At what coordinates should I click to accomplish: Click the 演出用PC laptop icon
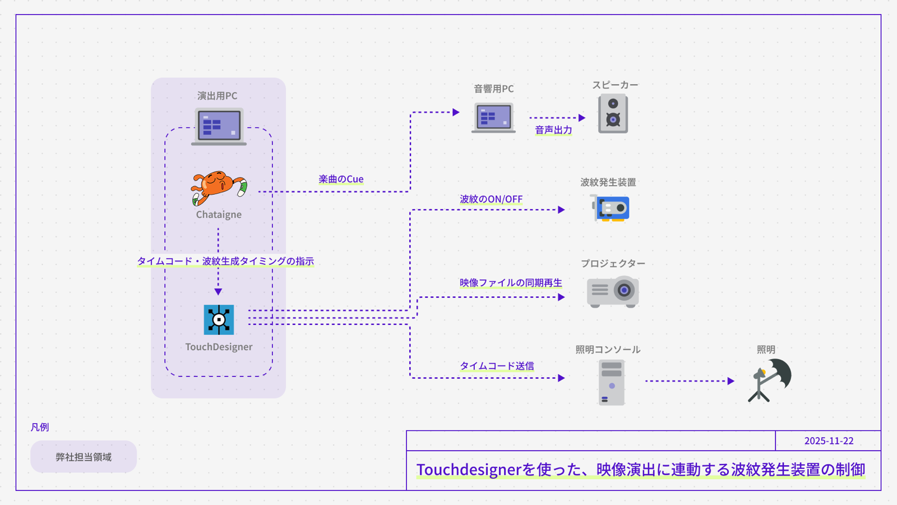click(x=219, y=126)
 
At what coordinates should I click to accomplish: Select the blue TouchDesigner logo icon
click(x=219, y=320)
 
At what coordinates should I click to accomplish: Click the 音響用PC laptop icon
click(x=493, y=118)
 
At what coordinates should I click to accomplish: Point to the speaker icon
click(x=613, y=114)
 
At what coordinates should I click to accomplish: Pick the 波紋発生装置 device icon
click(x=611, y=208)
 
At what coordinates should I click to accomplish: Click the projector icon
click(x=613, y=291)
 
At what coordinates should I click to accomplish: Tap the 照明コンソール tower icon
click(x=611, y=383)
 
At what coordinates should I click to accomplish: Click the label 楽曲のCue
click(x=341, y=179)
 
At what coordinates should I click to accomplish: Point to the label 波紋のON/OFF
click(x=491, y=199)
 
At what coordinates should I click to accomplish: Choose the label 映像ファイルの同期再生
click(x=511, y=283)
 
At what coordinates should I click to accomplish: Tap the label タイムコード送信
click(x=497, y=366)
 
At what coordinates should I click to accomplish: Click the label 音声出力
click(x=553, y=130)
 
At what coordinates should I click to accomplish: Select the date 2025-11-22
click(x=829, y=441)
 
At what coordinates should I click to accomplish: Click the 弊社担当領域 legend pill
click(x=84, y=457)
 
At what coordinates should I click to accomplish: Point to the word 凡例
click(x=40, y=427)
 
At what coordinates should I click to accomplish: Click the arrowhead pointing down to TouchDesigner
click(x=218, y=292)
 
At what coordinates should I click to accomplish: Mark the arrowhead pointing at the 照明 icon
click(x=730, y=381)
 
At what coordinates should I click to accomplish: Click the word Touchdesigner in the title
click(x=469, y=470)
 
